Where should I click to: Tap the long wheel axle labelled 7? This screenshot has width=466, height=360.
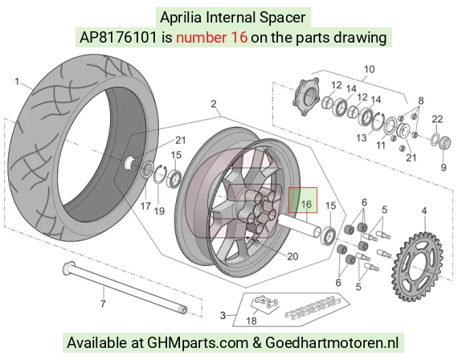coord(125,287)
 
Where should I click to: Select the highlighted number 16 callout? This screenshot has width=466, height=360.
coord(306,204)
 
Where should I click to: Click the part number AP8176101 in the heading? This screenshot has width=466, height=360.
coord(118,38)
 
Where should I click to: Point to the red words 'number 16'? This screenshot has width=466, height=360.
coord(211,38)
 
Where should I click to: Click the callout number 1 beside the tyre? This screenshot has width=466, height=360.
coord(17,81)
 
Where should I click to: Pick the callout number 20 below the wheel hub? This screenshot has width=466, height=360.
coord(292,256)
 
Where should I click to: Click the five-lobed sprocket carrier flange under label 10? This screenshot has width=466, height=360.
coord(305,95)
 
